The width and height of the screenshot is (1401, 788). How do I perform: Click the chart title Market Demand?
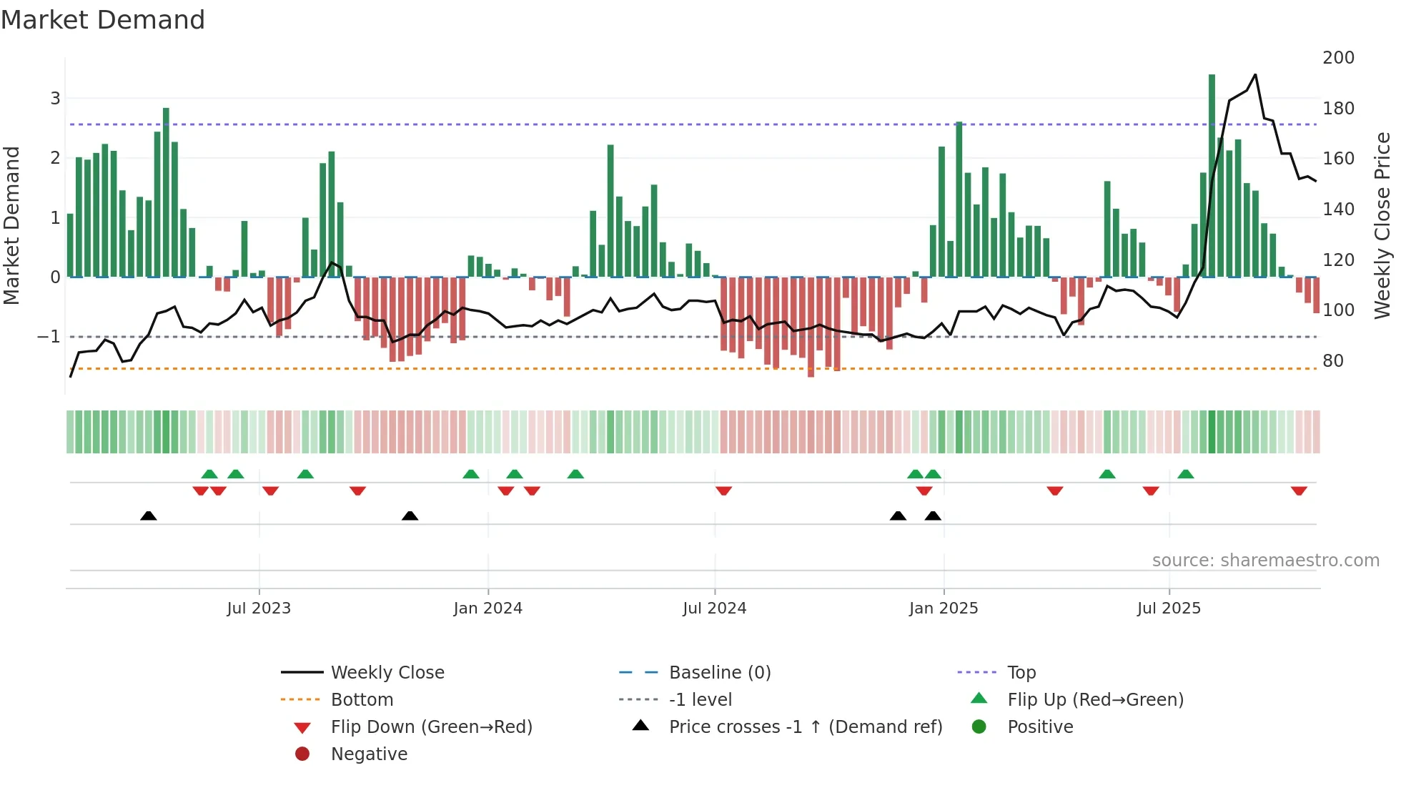tap(103, 20)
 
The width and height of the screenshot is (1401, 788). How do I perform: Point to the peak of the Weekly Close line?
tap(1255, 75)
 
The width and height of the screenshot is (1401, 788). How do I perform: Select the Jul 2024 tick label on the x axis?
tap(714, 609)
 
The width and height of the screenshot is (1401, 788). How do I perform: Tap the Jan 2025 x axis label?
tap(943, 609)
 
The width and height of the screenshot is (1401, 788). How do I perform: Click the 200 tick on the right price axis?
tap(1338, 58)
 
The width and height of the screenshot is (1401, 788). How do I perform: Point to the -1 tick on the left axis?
tap(49, 336)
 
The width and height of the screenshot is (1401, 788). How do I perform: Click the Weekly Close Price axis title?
tap(1382, 225)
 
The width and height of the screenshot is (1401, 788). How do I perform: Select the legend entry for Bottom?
tap(362, 699)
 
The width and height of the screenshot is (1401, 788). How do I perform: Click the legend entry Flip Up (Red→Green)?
tap(1095, 699)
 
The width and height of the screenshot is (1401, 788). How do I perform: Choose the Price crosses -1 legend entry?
tap(805, 727)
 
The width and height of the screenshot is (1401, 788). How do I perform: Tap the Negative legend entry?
tap(369, 754)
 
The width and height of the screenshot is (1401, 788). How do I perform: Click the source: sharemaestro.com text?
tap(1265, 561)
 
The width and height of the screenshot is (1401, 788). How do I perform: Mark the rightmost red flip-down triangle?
tap(1299, 491)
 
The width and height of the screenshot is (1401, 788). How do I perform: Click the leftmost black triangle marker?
tap(149, 516)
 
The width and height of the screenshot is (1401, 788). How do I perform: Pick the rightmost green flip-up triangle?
tap(1186, 474)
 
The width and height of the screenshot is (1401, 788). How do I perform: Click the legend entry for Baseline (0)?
tap(719, 672)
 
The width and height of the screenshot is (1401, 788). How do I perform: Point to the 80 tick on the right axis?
tap(1332, 361)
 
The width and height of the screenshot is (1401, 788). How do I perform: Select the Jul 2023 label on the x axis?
tap(259, 609)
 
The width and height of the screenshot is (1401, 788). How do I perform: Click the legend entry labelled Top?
tap(1021, 672)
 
